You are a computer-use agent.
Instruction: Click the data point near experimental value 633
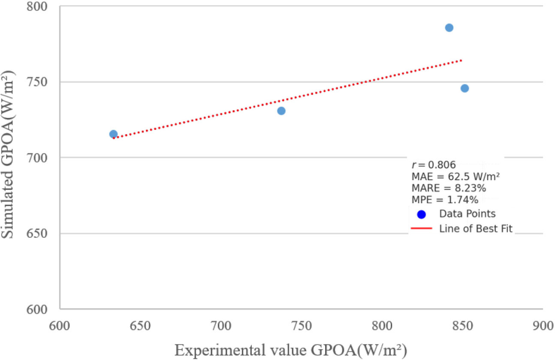click(113, 134)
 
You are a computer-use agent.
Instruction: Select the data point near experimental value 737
click(281, 111)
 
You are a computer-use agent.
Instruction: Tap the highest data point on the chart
click(449, 28)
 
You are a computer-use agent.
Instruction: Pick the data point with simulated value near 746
click(465, 88)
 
